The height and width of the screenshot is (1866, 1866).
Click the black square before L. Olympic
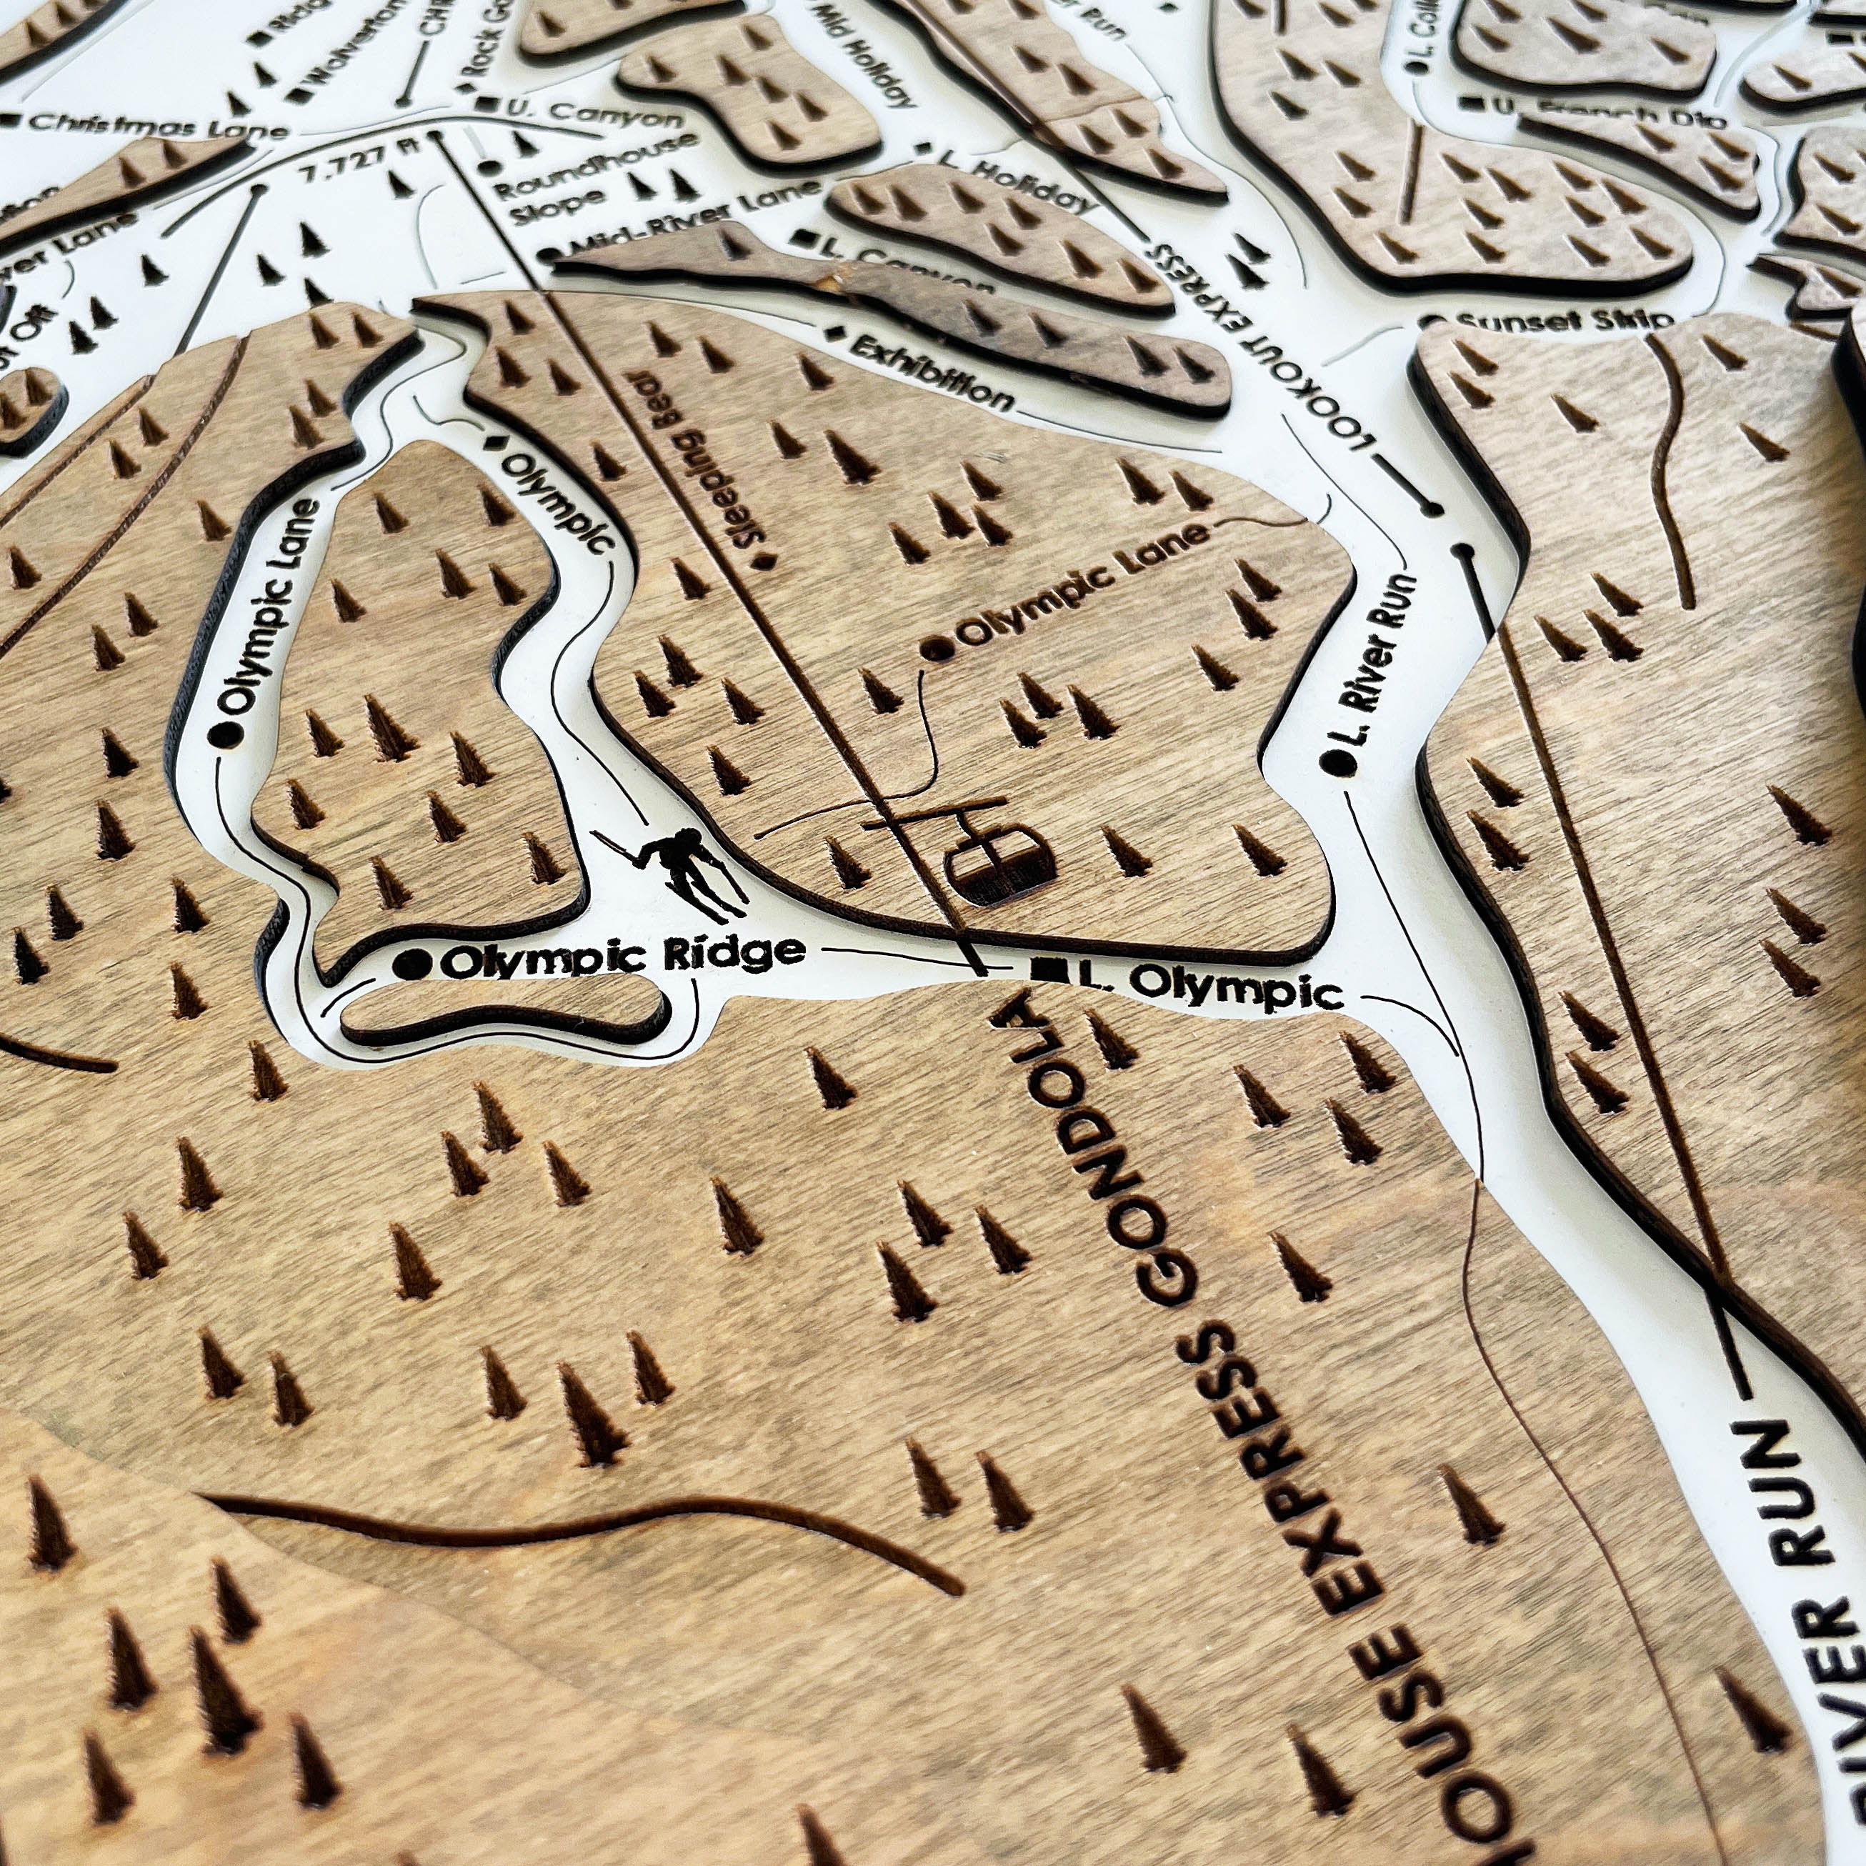[1043, 969]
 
